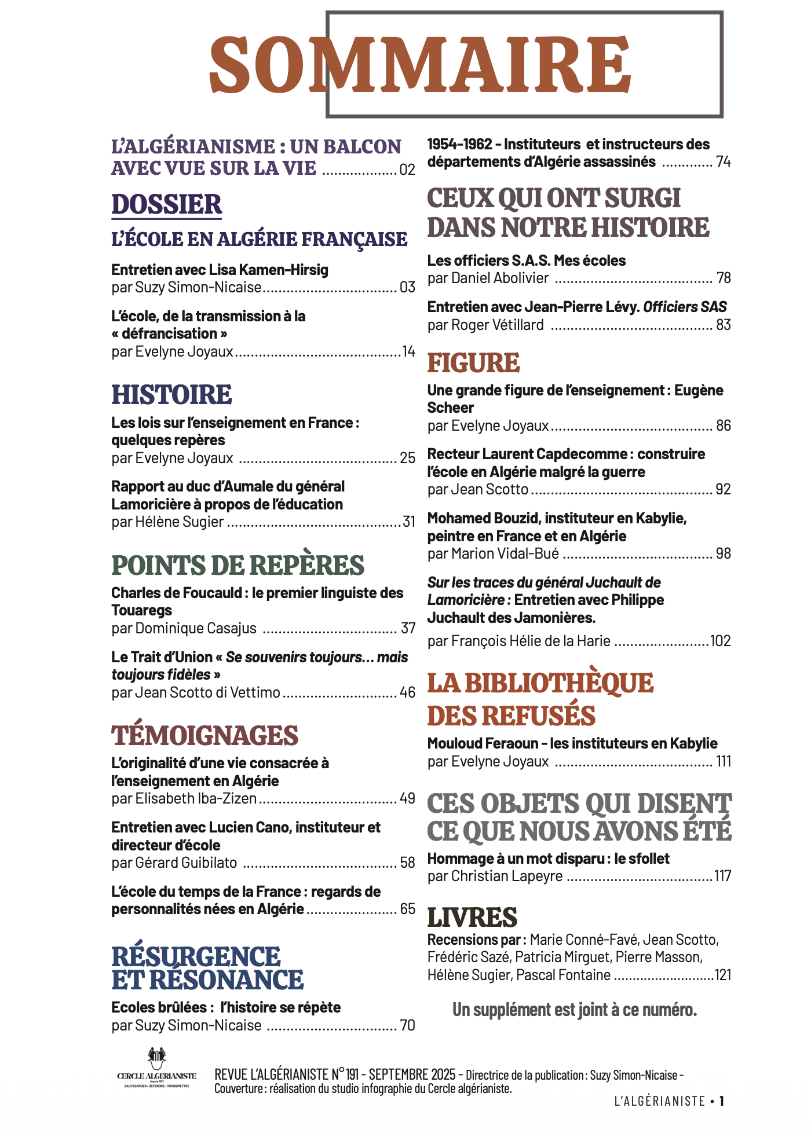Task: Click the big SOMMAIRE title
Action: (x=419, y=65)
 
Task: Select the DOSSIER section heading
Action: (x=166, y=205)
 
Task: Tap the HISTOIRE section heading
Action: (x=171, y=395)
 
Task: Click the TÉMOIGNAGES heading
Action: (x=204, y=736)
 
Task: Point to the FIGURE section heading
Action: (x=473, y=363)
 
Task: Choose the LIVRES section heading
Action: (x=472, y=918)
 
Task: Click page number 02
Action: (x=407, y=170)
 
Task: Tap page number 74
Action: (x=723, y=162)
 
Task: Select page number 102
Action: (x=720, y=641)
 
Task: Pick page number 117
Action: (x=722, y=876)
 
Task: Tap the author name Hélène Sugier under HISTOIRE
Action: (x=179, y=522)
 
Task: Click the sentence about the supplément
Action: (x=574, y=1010)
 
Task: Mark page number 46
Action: (x=407, y=693)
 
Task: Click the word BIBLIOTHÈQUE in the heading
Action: (x=558, y=683)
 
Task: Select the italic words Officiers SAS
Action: (x=685, y=307)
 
